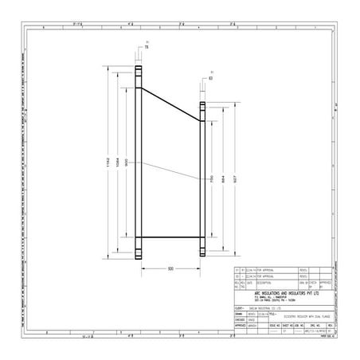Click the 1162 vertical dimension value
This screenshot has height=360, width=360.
point(110,162)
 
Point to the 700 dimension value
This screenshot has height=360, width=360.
point(213,180)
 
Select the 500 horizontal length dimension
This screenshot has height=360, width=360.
point(170,268)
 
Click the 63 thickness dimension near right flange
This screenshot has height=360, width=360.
point(211,80)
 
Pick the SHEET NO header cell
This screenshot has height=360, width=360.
point(288,325)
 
